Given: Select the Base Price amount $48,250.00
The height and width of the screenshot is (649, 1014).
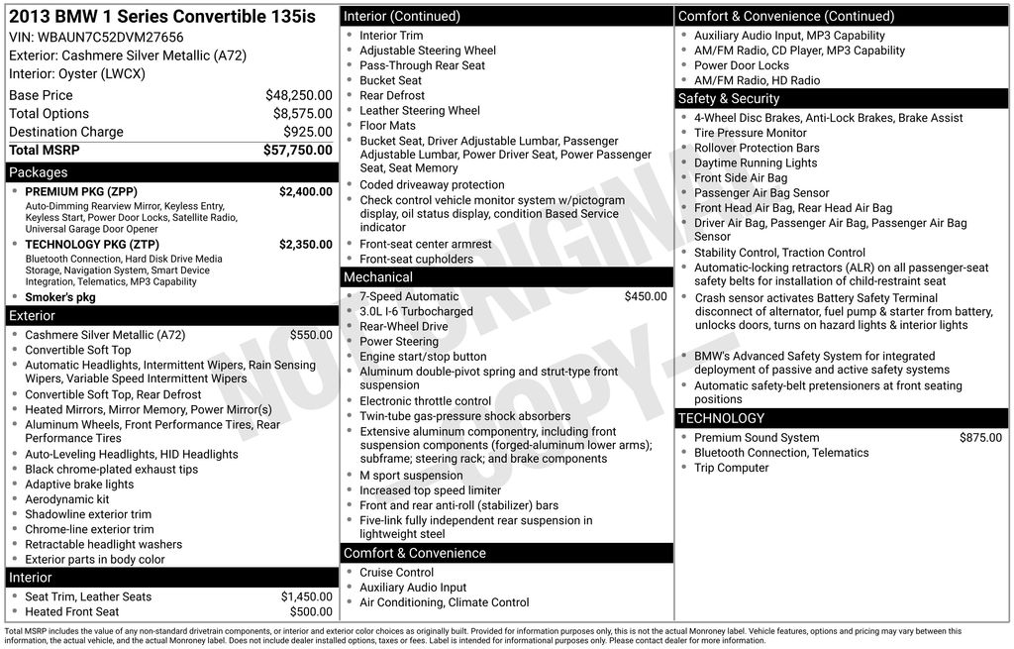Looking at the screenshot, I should click(x=298, y=95).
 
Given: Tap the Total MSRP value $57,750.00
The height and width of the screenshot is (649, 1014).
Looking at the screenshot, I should click(x=297, y=150).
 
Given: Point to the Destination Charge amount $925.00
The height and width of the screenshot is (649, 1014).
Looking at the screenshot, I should click(x=307, y=132).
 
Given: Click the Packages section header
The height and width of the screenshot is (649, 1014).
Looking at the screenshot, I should click(x=39, y=172).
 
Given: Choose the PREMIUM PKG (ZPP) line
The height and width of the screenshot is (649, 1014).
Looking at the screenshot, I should click(x=81, y=192).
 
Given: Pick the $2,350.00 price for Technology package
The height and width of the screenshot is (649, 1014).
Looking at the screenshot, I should click(x=305, y=245).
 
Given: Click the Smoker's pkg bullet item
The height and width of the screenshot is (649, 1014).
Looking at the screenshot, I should click(x=60, y=297).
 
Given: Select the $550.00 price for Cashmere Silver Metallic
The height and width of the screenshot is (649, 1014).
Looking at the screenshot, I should click(x=311, y=336).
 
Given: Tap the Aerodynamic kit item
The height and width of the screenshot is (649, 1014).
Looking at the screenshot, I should click(x=67, y=499).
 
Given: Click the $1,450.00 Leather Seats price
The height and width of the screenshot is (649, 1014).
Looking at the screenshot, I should click(x=306, y=596).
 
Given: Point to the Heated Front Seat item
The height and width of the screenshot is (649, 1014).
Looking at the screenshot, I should click(x=72, y=612).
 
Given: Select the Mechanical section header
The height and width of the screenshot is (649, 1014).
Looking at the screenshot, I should click(x=378, y=277).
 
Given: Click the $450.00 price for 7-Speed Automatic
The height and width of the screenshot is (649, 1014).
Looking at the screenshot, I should click(x=646, y=296).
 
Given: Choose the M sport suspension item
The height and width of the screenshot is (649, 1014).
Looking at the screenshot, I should click(x=411, y=476).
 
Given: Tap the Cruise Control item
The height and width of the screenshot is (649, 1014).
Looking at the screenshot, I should click(x=396, y=573).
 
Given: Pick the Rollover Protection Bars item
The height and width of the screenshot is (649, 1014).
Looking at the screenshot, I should click(x=757, y=148).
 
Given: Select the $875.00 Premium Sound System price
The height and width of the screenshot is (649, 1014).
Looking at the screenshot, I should click(x=980, y=438).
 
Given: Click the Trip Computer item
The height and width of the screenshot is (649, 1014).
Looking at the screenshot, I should click(x=731, y=468).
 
